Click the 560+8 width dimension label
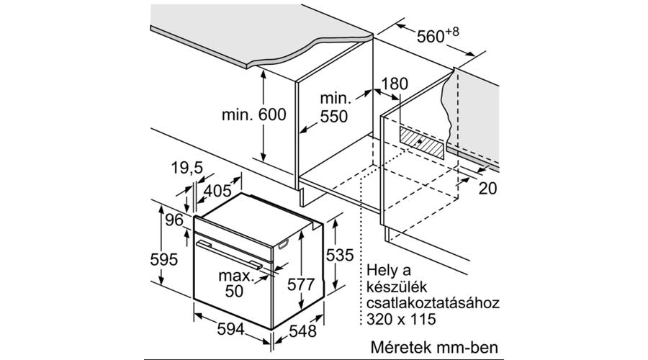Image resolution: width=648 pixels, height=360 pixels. point(438,35)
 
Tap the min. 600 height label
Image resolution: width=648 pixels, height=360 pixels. point(253,114)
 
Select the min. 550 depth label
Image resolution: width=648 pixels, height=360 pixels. point(335,108)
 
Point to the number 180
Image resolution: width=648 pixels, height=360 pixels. point(395,84)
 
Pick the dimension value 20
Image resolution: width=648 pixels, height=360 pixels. point(487,189)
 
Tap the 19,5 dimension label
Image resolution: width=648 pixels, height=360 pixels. point(187,168)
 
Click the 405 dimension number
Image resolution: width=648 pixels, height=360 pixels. point(217,191)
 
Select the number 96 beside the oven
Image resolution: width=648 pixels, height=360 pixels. point(174,220)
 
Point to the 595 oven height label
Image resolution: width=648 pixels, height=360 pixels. point(164,260)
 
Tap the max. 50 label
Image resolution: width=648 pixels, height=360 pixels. point(235,284)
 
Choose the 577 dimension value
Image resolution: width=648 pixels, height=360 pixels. point(301,284)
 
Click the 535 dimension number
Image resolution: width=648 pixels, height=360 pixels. point(340,255)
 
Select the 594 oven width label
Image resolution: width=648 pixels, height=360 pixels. point(231,330)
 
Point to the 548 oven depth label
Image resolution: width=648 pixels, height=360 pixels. point(302,330)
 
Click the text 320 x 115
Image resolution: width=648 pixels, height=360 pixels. point(401,319)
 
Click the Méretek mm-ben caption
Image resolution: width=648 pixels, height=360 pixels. point(434,347)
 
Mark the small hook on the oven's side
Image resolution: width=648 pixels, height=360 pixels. point(284,245)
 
